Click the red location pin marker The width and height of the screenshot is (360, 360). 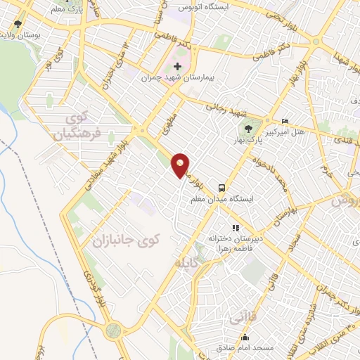click(181, 165)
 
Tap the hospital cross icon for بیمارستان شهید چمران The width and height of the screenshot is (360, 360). click(177, 67)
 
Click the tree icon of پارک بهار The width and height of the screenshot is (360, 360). click(247, 129)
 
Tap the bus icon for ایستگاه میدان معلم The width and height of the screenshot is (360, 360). click(221, 188)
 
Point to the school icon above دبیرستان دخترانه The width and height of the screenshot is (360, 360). click(236, 228)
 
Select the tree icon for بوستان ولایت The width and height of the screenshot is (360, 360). click(17, 22)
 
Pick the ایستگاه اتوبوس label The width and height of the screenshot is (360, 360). click(203, 6)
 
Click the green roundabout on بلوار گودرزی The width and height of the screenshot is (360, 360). click(112, 330)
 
